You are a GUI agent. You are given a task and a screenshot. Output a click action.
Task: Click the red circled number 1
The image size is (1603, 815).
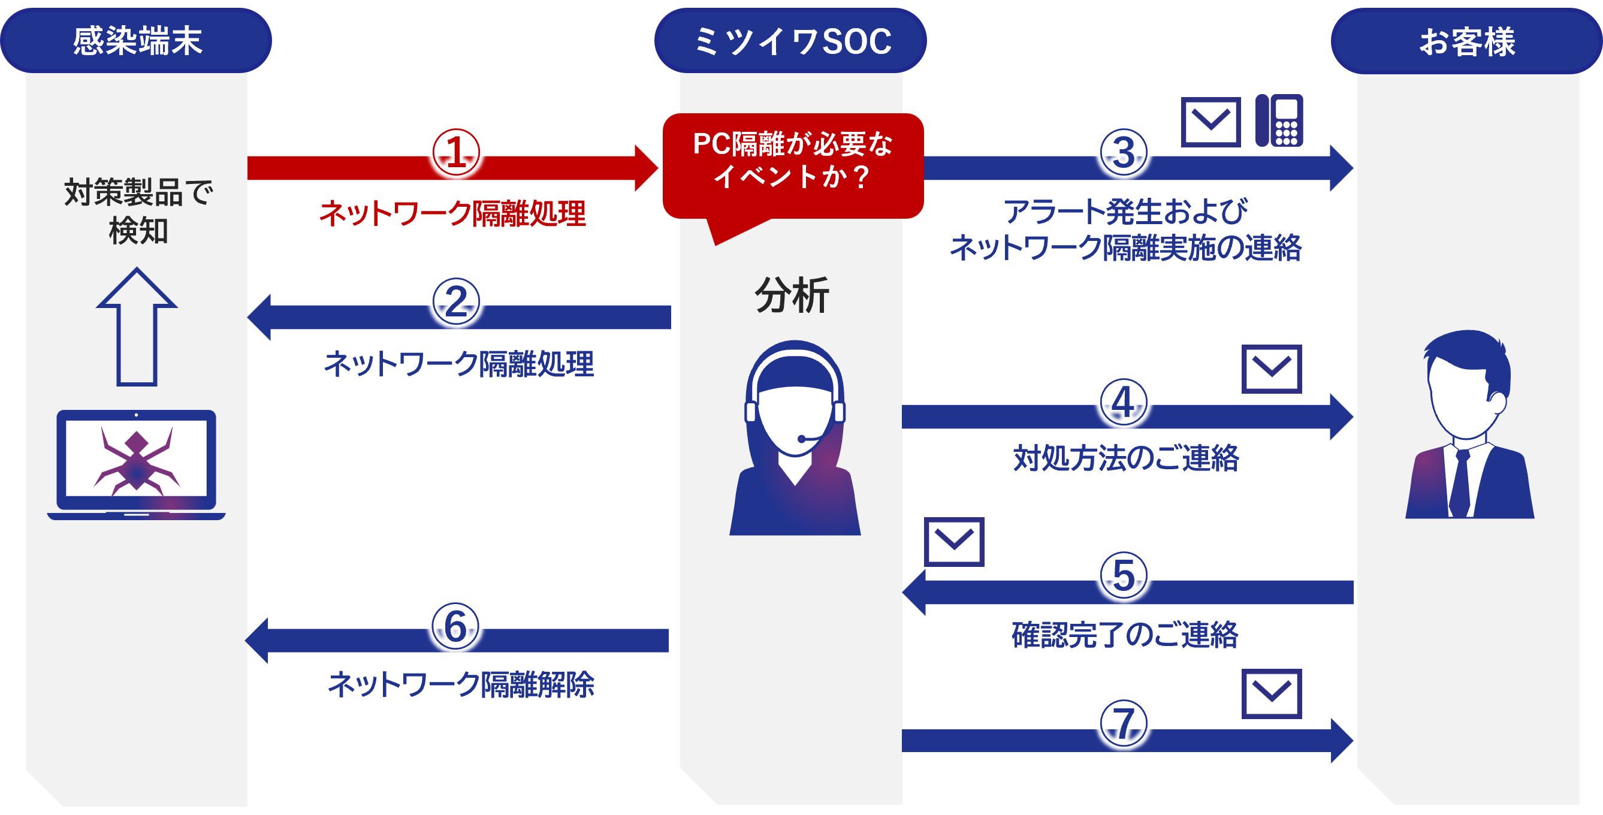point(456,152)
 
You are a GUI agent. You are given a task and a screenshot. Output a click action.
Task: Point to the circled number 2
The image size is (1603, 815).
point(456,302)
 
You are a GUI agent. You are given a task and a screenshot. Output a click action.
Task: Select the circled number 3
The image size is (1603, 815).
point(1124,152)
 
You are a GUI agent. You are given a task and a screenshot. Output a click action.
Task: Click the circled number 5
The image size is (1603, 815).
point(1124,575)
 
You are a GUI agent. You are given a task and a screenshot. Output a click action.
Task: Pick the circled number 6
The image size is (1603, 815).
point(455,626)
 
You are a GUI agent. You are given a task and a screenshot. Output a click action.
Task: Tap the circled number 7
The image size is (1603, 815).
point(1124,723)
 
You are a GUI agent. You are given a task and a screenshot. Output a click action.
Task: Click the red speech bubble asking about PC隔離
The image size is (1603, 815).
point(793,165)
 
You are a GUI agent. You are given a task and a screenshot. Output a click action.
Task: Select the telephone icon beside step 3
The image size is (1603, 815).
point(1279,120)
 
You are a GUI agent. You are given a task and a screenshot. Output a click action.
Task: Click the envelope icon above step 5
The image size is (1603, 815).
point(954,541)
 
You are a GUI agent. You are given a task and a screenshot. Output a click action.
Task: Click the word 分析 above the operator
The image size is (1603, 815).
point(792,295)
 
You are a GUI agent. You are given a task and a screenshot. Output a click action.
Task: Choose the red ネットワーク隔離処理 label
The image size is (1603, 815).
point(452,213)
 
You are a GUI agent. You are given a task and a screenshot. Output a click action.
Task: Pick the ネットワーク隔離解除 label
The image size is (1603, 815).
point(461,684)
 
